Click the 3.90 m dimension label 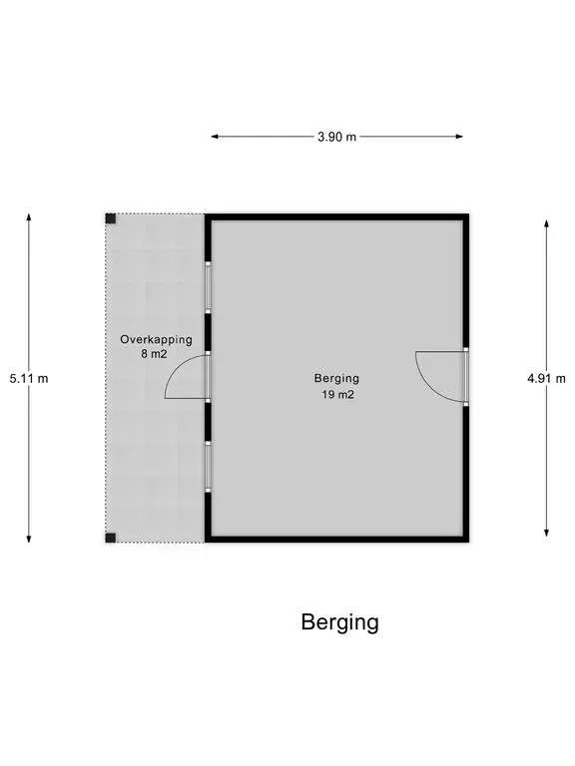tap(336, 137)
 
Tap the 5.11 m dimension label tap(29, 378)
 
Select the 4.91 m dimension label tap(546, 378)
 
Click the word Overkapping tap(156, 339)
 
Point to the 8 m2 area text tap(154, 354)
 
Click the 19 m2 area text tap(337, 394)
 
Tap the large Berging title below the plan tap(339, 622)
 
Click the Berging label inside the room tap(336, 379)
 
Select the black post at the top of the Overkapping tap(111, 218)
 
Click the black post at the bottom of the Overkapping tap(111, 538)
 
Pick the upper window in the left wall tap(208, 287)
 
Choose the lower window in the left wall tap(208, 467)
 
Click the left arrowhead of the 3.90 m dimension tap(215, 137)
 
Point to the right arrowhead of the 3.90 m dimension tap(459, 137)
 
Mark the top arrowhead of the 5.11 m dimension tap(29, 217)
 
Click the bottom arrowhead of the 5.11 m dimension tap(29, 539)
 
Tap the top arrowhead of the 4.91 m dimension tap(546, 224)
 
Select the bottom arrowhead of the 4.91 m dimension tap(546, 532)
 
